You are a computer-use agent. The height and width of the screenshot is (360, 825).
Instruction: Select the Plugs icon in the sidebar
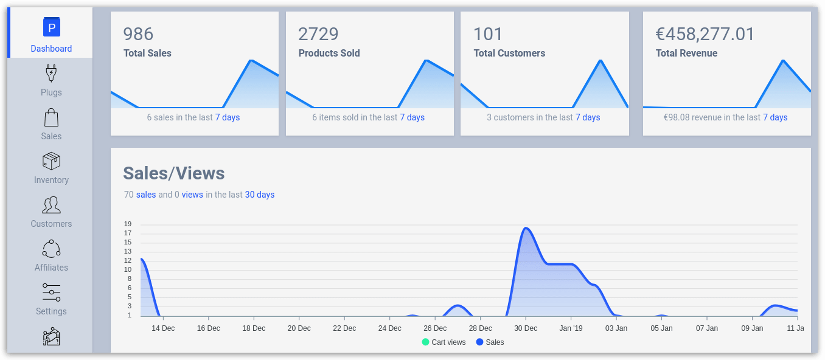[51, 74]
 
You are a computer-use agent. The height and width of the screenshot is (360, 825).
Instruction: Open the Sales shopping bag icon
[51, 117]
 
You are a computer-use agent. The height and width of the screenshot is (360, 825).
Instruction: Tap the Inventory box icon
[51, 161]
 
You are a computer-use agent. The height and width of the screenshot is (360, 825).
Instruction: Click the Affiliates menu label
[51, 268]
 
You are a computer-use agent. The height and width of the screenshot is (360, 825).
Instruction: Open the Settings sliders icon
[51, 292]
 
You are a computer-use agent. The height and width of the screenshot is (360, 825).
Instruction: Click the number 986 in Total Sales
[138, 34]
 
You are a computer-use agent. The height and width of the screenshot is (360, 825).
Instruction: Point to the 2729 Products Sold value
[318, 34]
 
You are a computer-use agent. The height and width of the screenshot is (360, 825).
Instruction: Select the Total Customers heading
[509, 54]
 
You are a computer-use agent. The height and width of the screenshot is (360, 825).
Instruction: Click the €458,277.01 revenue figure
[705, 34]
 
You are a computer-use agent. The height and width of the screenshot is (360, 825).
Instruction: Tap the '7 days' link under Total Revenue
[775, 117]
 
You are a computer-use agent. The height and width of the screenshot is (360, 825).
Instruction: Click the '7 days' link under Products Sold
[412, 117]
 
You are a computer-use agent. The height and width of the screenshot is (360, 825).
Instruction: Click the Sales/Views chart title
[174, 173]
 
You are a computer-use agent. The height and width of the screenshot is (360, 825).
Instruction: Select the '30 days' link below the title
[260, 195]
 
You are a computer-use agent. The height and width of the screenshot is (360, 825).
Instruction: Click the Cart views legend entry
[444, 342]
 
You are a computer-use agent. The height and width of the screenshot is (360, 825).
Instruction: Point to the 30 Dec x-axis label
[526, 328]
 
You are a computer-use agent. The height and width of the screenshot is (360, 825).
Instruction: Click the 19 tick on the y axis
[128, 224]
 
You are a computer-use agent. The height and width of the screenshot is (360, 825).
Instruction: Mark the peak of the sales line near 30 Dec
[526, 228]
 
